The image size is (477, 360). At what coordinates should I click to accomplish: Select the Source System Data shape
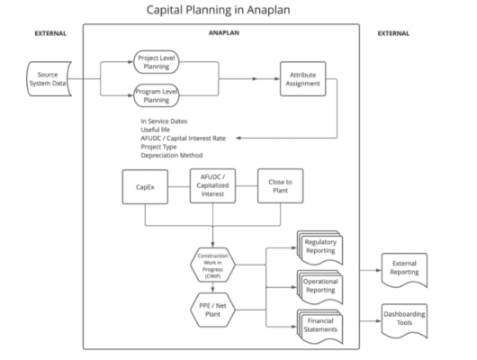click(51, 78)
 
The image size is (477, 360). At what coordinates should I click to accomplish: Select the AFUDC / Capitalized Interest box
click(211, 189)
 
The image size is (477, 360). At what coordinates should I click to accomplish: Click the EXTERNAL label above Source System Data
click(50, 34)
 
